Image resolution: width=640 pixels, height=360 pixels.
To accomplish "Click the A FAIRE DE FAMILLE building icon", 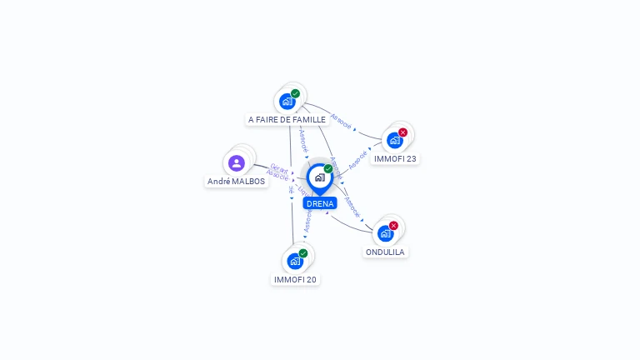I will click(287, 102).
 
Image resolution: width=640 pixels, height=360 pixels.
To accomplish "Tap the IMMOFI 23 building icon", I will click(395, 140).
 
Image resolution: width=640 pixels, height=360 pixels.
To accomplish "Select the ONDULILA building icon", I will click(385, 233).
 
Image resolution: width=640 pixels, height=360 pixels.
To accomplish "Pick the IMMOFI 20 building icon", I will click(295, 261).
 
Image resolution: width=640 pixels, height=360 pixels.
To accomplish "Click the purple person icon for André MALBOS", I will click(237, 162).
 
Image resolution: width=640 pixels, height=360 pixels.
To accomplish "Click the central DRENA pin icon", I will click(319, 177).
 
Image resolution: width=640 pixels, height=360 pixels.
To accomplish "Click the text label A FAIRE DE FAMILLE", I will click(287, 120).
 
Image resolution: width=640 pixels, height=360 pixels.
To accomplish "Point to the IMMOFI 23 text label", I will click(395, 158).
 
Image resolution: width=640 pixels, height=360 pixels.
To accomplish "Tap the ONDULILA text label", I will click(385, 252).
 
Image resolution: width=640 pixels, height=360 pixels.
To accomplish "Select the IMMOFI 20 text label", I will click(295, 279).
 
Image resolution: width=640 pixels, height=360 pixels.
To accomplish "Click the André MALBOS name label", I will click(237, 181).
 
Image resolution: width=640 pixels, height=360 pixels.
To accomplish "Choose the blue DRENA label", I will click(320, 203).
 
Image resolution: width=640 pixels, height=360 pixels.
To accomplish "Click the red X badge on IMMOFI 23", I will click(403, 132).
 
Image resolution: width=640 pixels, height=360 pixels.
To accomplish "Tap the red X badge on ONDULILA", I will click(393, 226).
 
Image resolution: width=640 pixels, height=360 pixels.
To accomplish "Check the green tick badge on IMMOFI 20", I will click(303, 253).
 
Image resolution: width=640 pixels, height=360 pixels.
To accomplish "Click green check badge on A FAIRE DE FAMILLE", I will click(296, 93).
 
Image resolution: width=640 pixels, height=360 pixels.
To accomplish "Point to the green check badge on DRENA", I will click(328, 169).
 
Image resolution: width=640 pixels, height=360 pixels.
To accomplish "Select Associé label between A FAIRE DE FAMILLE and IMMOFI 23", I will click(341, 122).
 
